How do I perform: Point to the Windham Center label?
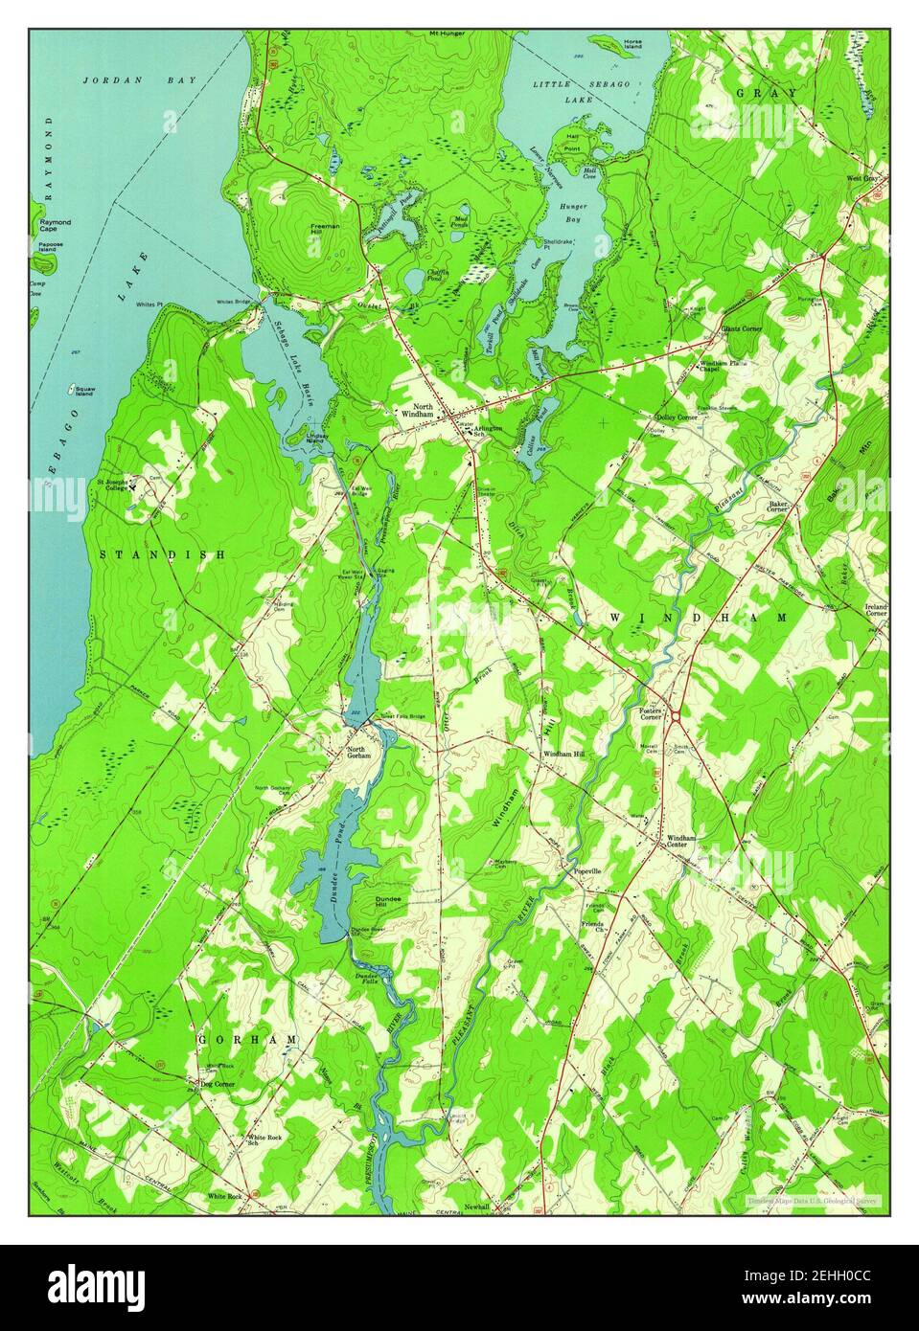[681, 841]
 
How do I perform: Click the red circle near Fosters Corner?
[676, 716]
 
